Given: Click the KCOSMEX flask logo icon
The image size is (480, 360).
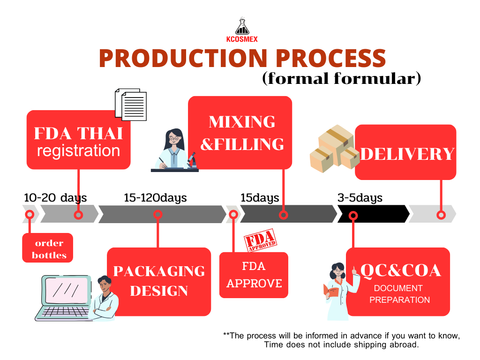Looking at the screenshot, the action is [242, 26].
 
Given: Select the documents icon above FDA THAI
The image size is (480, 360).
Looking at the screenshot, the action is [131, 105].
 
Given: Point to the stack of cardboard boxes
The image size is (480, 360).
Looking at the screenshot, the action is [334, 149].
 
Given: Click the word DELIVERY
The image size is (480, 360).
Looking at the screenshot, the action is [407, 154].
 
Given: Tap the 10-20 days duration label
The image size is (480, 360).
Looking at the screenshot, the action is [55, 198].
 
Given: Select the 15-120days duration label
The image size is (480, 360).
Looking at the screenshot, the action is [155, 198].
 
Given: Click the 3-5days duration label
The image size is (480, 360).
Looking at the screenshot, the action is [360, 198].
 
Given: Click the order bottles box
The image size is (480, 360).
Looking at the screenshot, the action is [48, 248].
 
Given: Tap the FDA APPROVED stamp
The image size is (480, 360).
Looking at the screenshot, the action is [261, 240].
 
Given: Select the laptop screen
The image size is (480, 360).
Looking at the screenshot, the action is [67, 290].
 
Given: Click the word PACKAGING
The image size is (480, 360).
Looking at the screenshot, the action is [159, 271].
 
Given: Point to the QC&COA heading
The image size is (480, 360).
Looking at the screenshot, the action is [401, 270].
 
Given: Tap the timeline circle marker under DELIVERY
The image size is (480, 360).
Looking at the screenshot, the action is [441, 215].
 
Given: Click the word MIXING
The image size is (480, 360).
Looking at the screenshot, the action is [242, 122].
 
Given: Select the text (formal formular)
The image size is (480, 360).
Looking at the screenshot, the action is [342, 78].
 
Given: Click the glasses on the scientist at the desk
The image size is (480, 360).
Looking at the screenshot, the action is [174, 139].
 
